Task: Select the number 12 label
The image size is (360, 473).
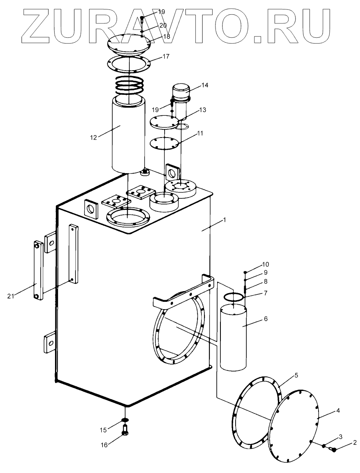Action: (x=94, y=137)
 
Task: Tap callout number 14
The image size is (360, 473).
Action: (x=205, y=85)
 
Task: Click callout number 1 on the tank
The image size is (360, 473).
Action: (x=225, y=220)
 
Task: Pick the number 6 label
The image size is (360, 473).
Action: (x=266, y=319)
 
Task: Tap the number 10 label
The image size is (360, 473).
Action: (x=265, y=264)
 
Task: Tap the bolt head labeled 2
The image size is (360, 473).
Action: (x=334, y=450)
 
